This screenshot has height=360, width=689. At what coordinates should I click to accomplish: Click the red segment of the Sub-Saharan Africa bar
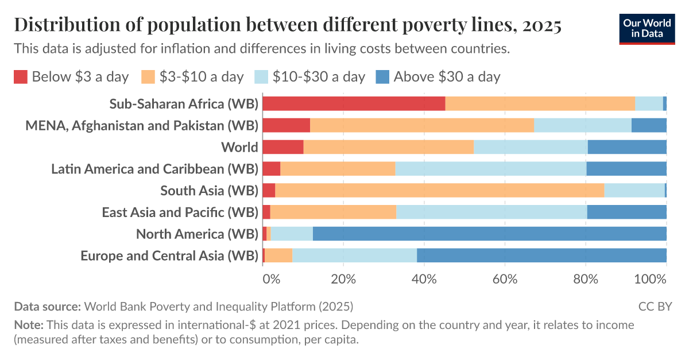click(354, 103)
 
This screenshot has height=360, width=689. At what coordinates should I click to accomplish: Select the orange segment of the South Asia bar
click(439, 190)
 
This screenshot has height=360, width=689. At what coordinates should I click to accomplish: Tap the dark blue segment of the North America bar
click(489, 234)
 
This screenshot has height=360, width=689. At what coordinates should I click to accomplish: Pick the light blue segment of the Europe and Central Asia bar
click(354, 256)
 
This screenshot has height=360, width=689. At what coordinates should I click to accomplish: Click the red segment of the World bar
click(282, 147)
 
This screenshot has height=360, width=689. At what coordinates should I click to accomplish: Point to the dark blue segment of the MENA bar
click(648, 125)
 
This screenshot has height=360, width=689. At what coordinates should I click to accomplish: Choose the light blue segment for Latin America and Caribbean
click(490, 169)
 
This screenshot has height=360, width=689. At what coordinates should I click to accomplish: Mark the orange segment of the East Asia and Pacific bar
click(333, 212)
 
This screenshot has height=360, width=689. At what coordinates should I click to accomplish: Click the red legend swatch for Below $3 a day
click(21, 77)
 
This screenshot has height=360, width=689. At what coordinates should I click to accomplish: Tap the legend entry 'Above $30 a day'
click(447, 77)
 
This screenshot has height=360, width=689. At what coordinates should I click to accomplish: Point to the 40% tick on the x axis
click(424, 280)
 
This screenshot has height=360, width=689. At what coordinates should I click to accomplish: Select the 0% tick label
click(271, 280)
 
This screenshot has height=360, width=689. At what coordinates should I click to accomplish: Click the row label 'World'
click(239, 147)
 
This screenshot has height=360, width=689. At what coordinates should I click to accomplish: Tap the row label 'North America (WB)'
click(197, 234)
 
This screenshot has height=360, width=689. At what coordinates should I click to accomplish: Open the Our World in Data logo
click(647, 28)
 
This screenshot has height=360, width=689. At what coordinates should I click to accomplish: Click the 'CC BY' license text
click(655, 306)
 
